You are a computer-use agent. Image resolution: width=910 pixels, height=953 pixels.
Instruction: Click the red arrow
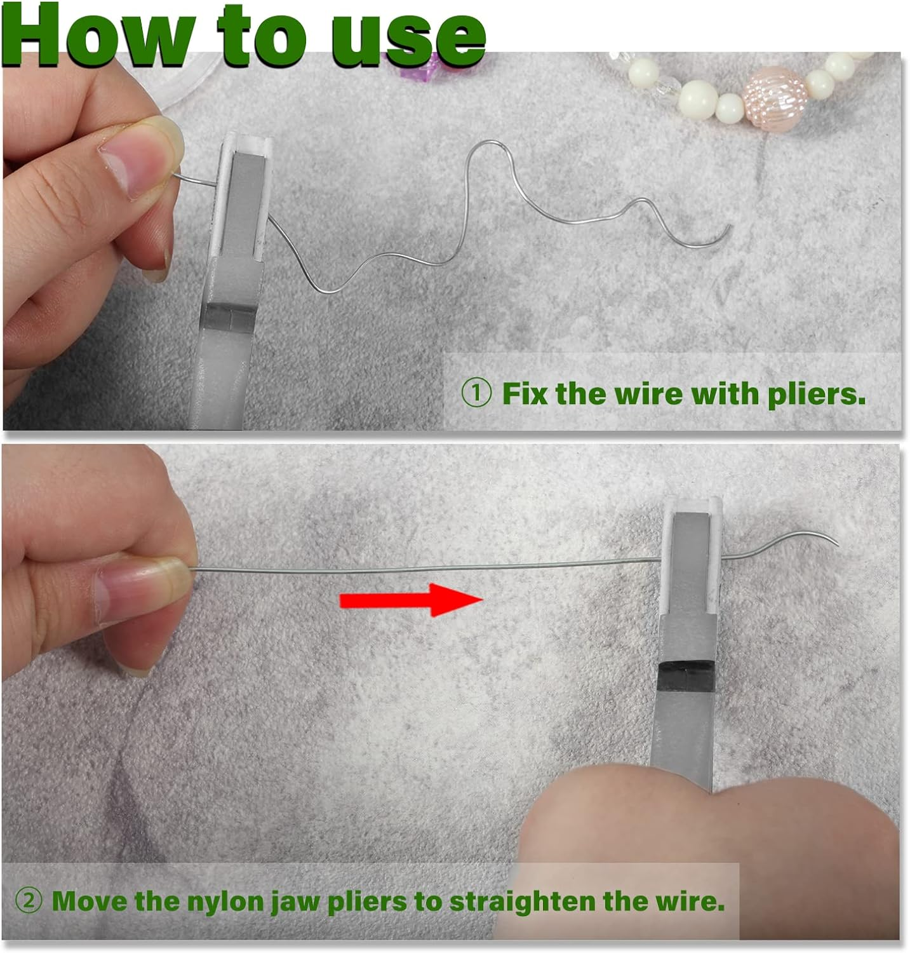(x=412, y=600)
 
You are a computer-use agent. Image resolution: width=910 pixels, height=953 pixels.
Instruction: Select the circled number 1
(x=476, y=394)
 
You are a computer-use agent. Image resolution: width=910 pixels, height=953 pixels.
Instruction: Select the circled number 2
(x=28, y=900)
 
